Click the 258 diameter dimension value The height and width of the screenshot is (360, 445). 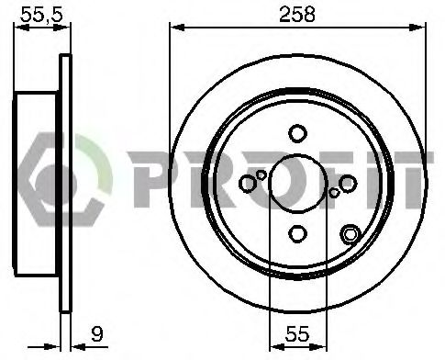(x=297, y=14)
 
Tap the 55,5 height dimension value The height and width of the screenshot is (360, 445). (x=41, y=14)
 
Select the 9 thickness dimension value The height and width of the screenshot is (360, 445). (x=97, y=333)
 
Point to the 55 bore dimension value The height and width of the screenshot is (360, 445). (x=297, y=333)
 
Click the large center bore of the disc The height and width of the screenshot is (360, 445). (x=297, y=184)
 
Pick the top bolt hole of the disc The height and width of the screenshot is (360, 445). (x=297, y=133)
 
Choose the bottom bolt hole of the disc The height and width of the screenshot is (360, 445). (x=297, y=234)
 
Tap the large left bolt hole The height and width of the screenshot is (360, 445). (x=248, y=184)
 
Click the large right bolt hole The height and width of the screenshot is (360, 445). (x=348, y=184)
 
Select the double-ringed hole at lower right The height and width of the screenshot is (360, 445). (x=350, y=234)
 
